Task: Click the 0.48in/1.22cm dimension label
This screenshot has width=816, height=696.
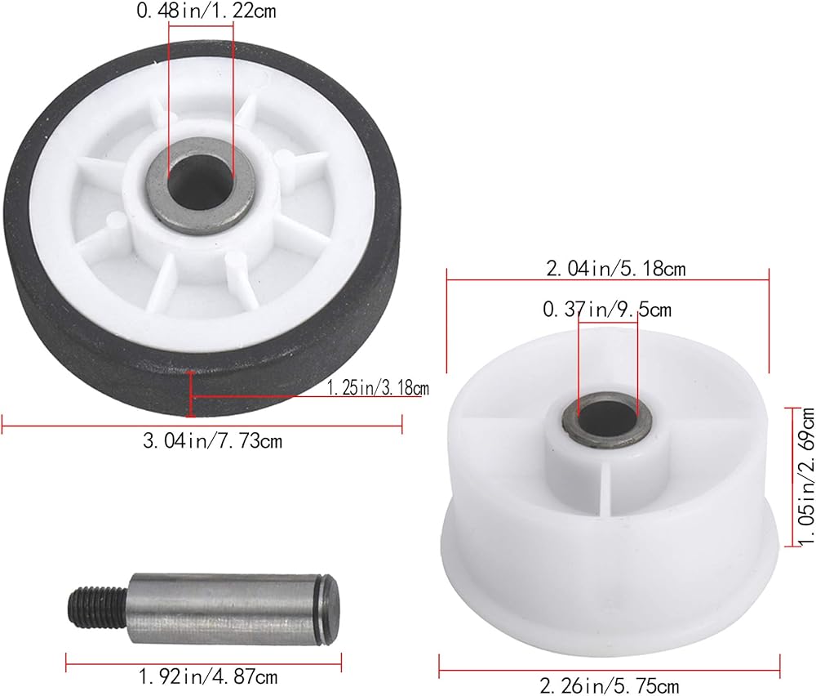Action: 206,11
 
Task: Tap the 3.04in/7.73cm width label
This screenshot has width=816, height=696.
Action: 212,441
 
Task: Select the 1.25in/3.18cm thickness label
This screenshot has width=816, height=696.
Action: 378,387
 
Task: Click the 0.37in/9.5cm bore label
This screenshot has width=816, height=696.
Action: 607,310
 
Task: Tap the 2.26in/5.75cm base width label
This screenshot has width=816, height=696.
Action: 610,685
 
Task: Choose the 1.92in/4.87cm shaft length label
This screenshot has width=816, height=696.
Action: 207,677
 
